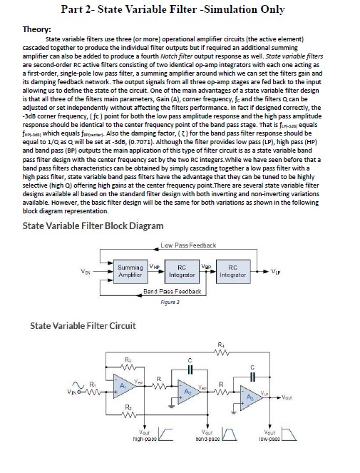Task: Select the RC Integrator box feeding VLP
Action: coord(230,272)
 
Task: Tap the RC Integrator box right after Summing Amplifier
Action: coord(182,272)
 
